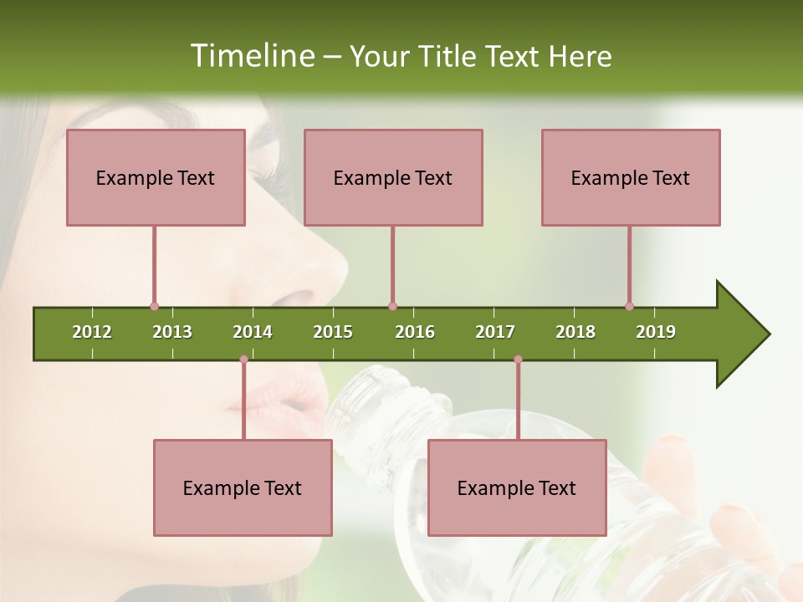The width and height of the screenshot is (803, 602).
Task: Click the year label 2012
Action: coord(92,332)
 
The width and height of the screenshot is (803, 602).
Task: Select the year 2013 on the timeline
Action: coord(172,332)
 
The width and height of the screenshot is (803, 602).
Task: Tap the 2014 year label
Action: coord(253,332)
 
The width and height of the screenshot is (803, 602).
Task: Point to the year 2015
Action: coord(333,332)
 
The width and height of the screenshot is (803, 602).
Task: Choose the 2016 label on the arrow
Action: coord(415,332)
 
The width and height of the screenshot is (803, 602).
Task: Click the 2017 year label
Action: coord(495,332)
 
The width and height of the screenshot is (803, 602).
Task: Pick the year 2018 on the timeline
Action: coord(575,332)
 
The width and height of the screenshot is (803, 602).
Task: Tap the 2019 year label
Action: coord(656,332)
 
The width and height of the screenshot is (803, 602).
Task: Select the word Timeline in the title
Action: coord(252,56)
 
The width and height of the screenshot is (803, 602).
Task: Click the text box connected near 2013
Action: coord(156,177)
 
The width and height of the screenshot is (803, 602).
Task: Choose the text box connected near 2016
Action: coord(393,177)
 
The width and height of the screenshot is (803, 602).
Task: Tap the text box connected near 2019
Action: coord(631,177)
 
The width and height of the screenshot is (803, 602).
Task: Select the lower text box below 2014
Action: coord(243,487)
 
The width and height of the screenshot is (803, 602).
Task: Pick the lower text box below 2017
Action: coord(517,487)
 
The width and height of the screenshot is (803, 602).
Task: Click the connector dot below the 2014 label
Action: coord(243,360)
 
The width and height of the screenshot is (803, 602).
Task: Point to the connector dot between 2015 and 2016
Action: coord(392,306)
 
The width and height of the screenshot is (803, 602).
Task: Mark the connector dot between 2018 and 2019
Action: coord(629,306)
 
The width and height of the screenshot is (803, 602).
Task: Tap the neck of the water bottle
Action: coord(385,401)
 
